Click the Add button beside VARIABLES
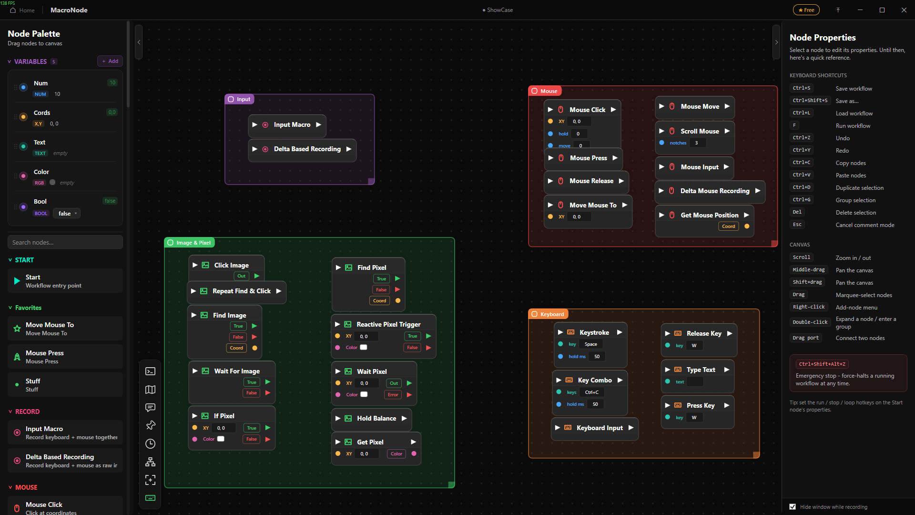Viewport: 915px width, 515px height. (x=110, y=61)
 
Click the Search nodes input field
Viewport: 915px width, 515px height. (x=65, y=242)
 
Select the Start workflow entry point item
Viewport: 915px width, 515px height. (x=65, y=281)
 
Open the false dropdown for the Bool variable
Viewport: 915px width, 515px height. (x=67, y=214)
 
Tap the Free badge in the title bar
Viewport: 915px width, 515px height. (x=806, y=10)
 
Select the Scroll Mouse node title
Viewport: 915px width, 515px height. (x=700, y=131)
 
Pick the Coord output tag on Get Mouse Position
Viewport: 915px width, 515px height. (x=728, y=227)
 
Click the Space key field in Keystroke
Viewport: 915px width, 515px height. (x=591, y=344)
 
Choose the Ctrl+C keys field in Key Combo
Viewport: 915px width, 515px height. (x=592, y=392)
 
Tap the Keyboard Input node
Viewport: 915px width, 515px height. (x=595, y=428)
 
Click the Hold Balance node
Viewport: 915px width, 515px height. (x=372, y=419)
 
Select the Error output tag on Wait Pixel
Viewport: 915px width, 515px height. (x=393, y=395)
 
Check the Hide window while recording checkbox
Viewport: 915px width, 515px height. (x=793, y=507)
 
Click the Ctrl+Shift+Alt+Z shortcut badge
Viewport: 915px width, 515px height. (x=822, y=364)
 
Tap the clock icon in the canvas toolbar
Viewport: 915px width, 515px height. (x=150, y=444)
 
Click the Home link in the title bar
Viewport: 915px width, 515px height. (x=22, y=10)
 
